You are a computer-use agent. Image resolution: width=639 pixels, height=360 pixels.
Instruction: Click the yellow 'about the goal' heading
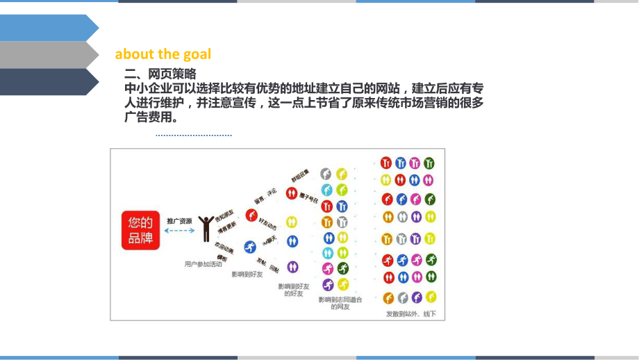click(163, 54)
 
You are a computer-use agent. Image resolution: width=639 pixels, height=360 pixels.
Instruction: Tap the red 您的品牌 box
click(140, 231)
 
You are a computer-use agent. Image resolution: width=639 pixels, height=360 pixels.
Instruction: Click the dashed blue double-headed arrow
click(179, 231)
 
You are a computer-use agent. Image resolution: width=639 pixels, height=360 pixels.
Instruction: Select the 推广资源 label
click(179, 221)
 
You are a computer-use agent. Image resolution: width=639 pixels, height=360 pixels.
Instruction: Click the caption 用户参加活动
click(204, 264)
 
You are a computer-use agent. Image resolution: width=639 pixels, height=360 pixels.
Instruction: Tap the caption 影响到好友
click(247, 275)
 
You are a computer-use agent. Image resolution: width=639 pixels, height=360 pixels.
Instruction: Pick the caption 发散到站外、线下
click(411, 314)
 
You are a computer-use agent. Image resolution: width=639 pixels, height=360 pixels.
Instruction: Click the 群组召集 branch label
click(299, 173)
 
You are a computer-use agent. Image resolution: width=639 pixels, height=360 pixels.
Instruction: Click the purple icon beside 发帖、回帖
click(292, 267)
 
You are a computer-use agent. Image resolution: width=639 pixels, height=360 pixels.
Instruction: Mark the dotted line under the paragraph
click(194, 136)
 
